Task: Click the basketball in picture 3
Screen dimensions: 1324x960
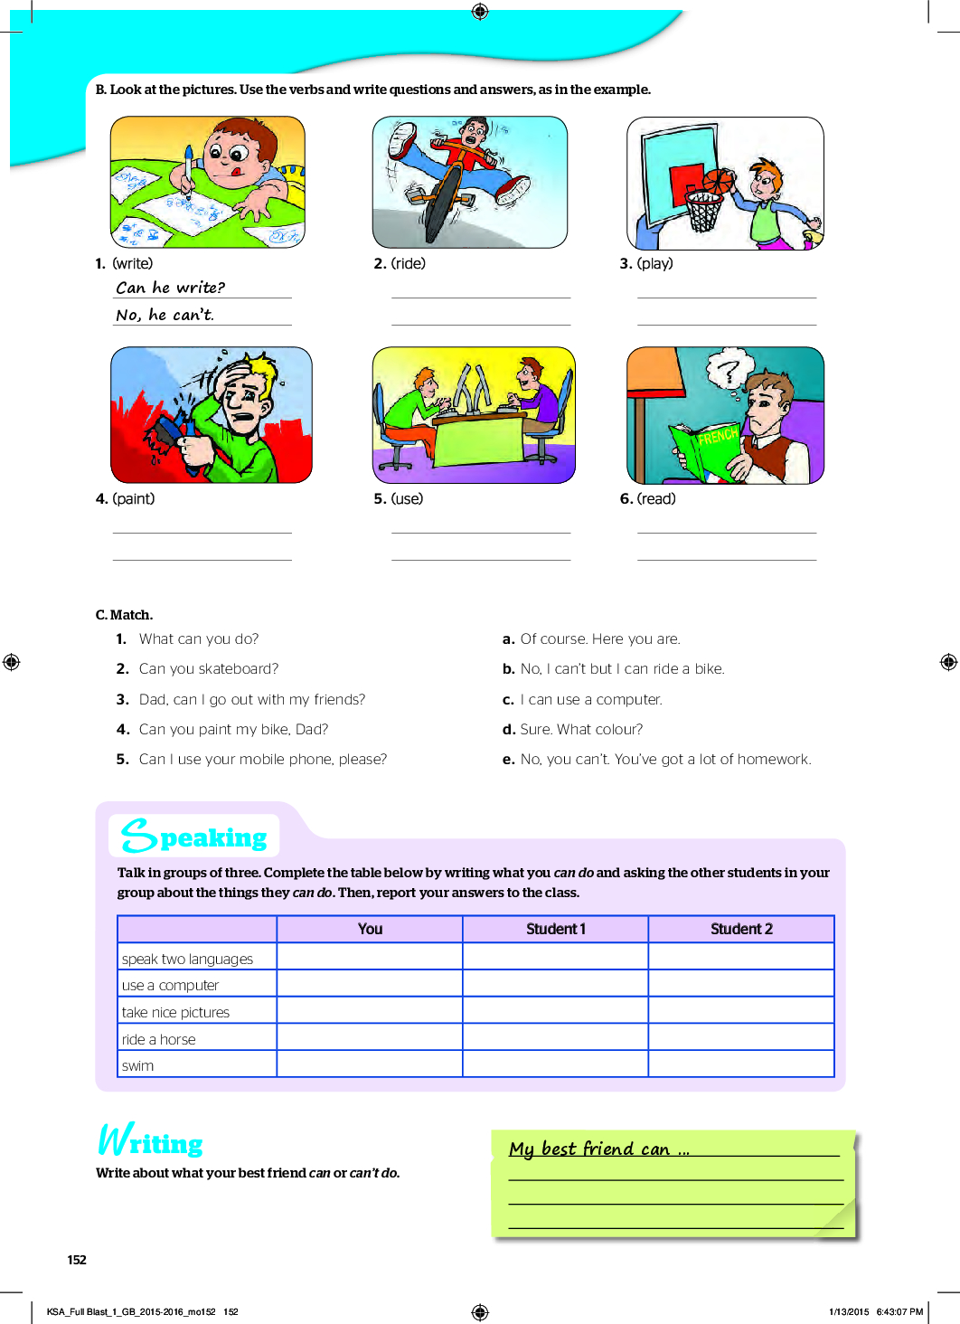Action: click(x=720, y=181)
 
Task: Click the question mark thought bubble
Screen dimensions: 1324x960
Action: click(x=728, y=370)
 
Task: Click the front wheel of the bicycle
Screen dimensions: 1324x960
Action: click(x=442, y=209)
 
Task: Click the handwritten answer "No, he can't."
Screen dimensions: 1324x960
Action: click(x=165, y=315)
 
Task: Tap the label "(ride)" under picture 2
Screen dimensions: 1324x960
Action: click(x=408, y=263)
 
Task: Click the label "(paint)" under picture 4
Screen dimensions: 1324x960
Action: click(x=133, y=498)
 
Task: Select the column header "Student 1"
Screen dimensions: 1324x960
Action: click(x=555, y=929)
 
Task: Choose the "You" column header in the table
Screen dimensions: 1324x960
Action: click(x=370, y=929)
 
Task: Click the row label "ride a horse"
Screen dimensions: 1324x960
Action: click(x=159, y=1039)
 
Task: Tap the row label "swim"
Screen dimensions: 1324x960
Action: click(x=138, y=1065)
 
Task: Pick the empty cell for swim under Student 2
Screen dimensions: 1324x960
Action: click(x=741, y=1064)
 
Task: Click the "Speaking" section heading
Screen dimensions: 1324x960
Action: click(x=195, y=837)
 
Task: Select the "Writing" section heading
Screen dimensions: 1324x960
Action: click(x=151, y=1141)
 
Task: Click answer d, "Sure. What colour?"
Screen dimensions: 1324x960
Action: click(x=581, y=729)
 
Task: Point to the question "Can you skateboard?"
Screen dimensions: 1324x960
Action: click(x=209, y=668)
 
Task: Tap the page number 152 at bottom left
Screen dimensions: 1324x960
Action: click(x=77, y=1260)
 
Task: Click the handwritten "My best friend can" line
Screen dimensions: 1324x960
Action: click(x=598, y=1149)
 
